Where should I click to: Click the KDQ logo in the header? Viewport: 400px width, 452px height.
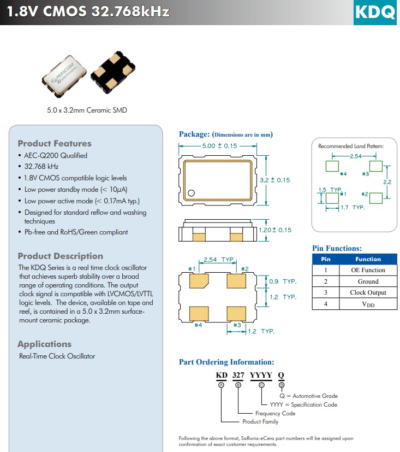(x=375, y=12)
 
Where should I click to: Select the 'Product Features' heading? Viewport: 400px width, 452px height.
(x=55, y=144)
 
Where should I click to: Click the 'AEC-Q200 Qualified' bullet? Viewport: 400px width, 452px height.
(x=56, y=155)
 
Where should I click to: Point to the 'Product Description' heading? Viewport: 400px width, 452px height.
(x=60, y=256)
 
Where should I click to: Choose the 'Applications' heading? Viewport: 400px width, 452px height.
(x=44, y=344)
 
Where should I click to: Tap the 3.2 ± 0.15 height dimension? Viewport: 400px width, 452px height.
(x=274, y=180)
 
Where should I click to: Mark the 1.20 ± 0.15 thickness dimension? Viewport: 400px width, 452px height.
(x=274, y=230)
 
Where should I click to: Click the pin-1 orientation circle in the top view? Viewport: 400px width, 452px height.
(x=192, y=193)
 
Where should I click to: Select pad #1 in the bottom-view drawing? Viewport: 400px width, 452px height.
(x=199, y=280)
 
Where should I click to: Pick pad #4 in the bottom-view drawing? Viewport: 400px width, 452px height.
(x=199, y=313)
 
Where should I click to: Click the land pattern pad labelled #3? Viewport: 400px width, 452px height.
(x=375, y=166)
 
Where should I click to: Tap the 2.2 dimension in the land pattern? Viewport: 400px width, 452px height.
(x=387, y=181)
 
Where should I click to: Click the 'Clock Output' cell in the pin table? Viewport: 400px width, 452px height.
(x=368, y=292)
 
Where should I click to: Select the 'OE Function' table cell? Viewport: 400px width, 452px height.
(x=368, y=270)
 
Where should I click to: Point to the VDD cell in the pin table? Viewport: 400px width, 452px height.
(x=368, y=304)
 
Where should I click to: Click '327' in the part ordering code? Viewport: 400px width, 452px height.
(x=238, y=374)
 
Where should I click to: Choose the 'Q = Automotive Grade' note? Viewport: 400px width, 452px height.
(x=308, y=396)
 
